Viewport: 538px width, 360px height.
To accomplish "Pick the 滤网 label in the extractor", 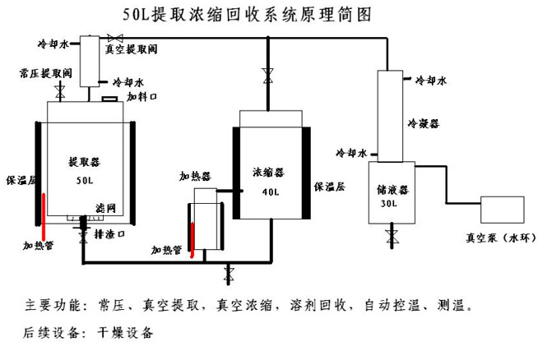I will point(104,206).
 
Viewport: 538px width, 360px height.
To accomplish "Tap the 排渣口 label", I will point(109,233).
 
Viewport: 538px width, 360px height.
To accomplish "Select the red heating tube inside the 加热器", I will point(192,238).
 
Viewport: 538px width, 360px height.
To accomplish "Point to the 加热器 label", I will point(196,176).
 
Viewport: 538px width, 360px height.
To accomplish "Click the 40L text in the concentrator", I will point(271,192).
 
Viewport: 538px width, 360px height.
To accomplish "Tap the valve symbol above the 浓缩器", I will point(267,76).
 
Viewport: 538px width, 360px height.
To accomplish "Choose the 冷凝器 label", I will point(423,122).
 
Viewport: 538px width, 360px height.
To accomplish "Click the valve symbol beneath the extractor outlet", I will point(82,237).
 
